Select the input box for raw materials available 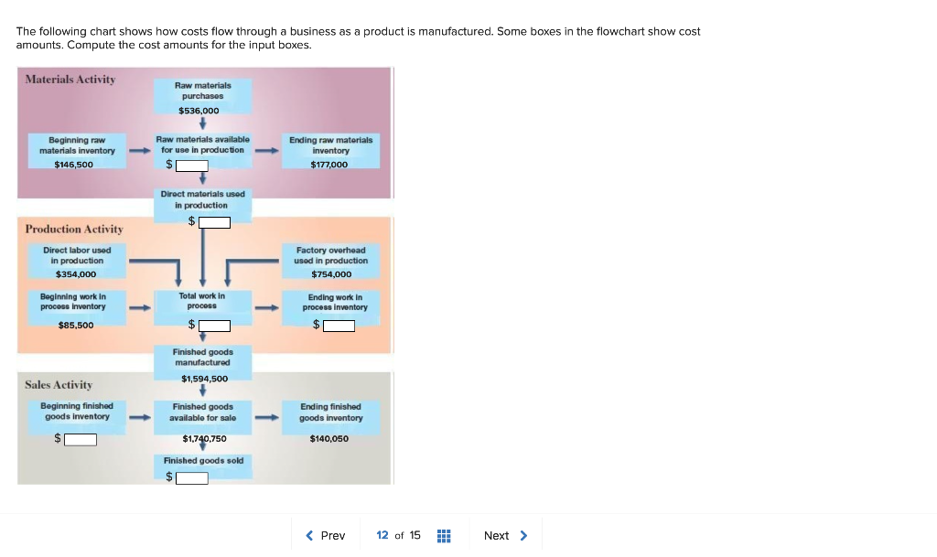tap(192, 166)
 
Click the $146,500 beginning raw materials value tap(74, 165)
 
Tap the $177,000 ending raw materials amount tap(329, 165)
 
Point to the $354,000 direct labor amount tap(76, 274)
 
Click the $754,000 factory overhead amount tap(330, 274)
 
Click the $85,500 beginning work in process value tap(76, 326)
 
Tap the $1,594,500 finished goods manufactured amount tap(204, 379)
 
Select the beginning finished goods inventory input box tap(81, 439)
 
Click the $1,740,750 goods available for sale tap(204, 439)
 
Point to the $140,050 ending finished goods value tap(328, 439)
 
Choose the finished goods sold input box tap(192, 477)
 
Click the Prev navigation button tap(326, 535)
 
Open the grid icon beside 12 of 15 tap(444, 536)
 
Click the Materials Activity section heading tap(70, 80)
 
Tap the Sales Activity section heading tap(59, 385)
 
